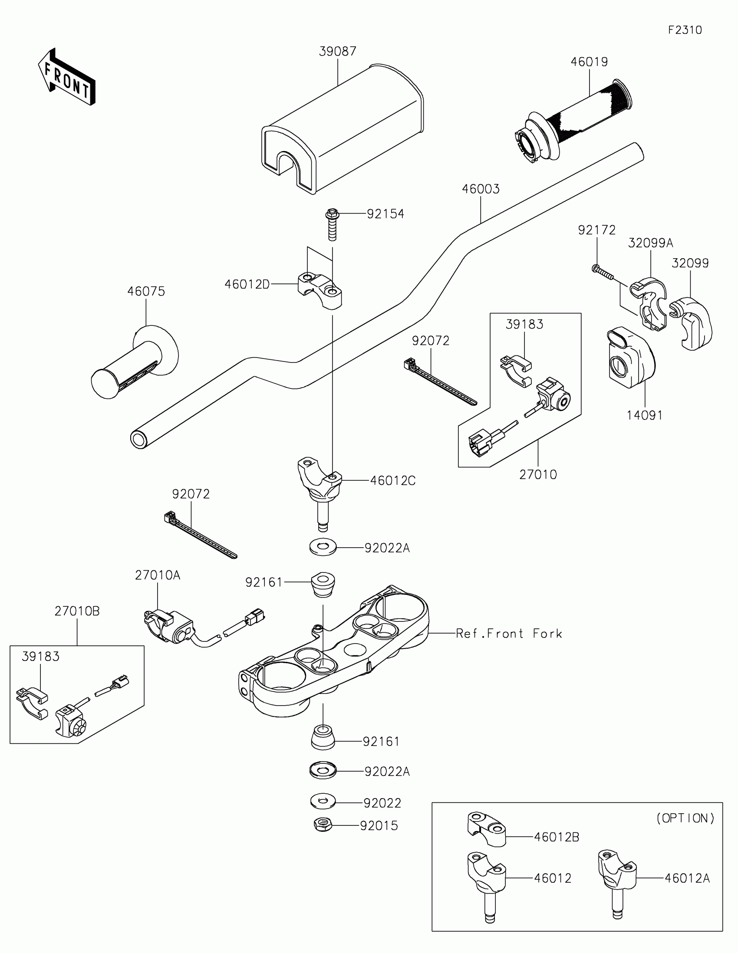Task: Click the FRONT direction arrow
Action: pos(66,77)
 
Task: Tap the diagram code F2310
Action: pos(685,30)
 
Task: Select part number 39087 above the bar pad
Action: pos(337,52)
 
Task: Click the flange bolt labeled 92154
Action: pos(332,224)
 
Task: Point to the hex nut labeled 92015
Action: pos(323,825)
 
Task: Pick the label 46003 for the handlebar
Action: pos(481,189)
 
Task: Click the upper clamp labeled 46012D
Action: pos(320,290)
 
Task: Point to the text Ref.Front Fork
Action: pos(509,634)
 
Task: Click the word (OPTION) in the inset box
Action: pos(685,818)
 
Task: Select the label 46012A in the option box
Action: pos(687,878)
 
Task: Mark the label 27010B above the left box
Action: pos(77,611)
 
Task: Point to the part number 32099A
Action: pos(650,243)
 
